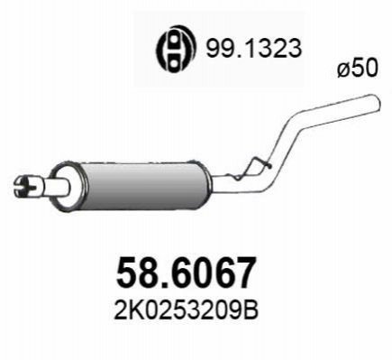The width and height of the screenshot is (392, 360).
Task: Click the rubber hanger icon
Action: click(176, 49)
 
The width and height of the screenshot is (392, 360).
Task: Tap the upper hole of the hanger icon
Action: click(174, 39)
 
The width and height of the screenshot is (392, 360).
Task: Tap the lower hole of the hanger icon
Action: click(174, 58)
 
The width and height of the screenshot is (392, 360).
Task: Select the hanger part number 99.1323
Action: click(253, 49)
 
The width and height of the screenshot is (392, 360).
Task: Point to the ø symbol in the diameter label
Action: click(344, 69)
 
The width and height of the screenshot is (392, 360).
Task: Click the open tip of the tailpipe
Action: click(377, 103)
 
